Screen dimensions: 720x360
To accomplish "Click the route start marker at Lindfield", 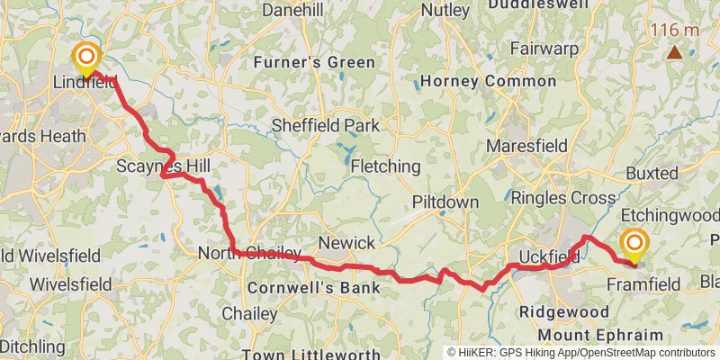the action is tap(86, 58).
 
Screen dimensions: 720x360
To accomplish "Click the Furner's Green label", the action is tap(314, 63).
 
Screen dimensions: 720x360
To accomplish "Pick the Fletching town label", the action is tap(385, 166).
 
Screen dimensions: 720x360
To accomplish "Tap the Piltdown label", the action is tap(445, 202).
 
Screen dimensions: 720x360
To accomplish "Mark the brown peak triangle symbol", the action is tap(674, 51).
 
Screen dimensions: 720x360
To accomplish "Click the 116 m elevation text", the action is tap(675, 30).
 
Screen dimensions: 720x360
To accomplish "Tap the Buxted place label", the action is tap(654, 172).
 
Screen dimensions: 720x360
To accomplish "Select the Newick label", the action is tap(346, 244).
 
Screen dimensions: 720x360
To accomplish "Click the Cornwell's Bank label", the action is tap(312, 288).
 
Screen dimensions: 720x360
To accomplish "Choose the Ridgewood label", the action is tap(564, 311).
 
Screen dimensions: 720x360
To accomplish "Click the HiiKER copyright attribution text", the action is tap(581, 353).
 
